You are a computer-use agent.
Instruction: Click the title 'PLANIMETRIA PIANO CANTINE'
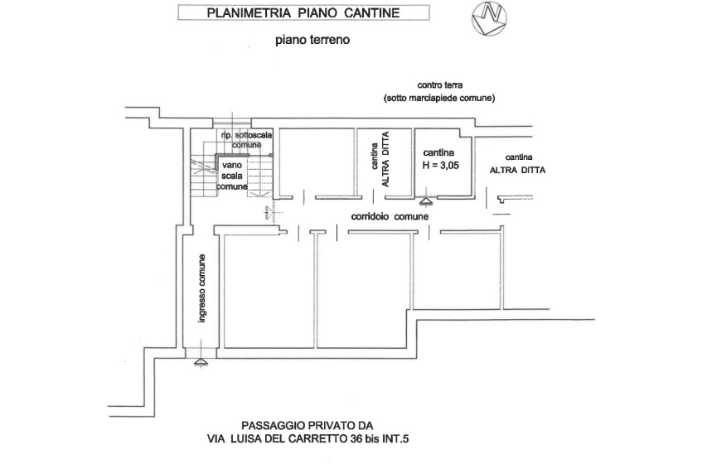305,12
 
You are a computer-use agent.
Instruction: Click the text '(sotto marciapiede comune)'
439,98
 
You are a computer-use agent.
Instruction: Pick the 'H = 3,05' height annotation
440,165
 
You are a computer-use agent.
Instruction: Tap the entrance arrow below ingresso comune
199,361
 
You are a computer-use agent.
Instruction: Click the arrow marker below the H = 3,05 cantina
425,200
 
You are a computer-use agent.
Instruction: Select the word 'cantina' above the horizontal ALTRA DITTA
518,157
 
